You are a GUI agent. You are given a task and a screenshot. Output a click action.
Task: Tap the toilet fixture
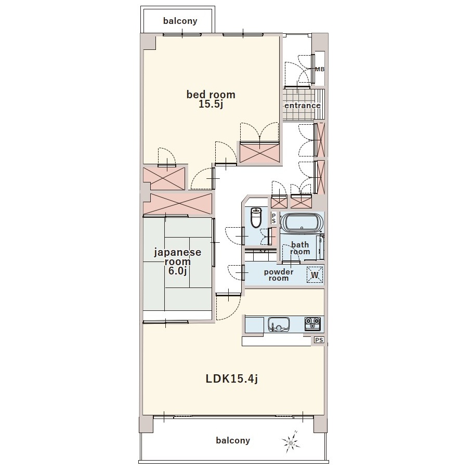click(x=256, y=218)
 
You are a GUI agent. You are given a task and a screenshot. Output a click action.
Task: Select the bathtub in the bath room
click(x=302, y=223)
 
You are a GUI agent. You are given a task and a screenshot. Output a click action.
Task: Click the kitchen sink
click(x=279, y=324)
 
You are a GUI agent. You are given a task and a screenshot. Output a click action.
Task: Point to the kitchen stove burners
click(x=312, y=324)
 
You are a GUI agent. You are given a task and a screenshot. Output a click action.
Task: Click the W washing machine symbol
click(x=315, y=275)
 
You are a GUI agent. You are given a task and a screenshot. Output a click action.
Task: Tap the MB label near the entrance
click(x=320, y=69)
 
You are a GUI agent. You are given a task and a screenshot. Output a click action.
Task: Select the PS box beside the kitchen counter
click(x=319, y=340)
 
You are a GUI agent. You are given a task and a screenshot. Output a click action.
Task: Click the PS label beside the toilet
click(x=273, y=218)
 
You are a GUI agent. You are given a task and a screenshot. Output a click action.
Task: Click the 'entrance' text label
click(x=303, y=106)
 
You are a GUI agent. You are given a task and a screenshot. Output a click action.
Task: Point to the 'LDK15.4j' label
click(x=231, y=379)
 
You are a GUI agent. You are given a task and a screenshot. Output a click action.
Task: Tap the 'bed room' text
click(x=211, y=95)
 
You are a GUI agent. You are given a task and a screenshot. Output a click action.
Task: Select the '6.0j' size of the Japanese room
click(x=177, y=271)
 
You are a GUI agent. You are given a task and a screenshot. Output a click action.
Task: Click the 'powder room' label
click(x=279, y=275)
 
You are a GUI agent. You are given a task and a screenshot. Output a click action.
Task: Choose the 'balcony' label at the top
click(x=180, y=21)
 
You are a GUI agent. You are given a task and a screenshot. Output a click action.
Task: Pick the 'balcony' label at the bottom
click(x=233, y=441)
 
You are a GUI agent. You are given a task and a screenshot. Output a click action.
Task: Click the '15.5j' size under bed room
click(x=211, y=104)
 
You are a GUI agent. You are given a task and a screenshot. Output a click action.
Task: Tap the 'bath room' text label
click(x=300, y=248)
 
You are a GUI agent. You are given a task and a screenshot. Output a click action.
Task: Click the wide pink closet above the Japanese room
click(x=177, y=203)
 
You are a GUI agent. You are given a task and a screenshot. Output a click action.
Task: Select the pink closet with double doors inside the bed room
click(x=260, y=153)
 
